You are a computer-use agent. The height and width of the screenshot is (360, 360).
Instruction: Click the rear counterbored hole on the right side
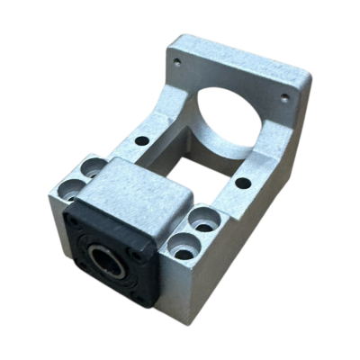(204, 218)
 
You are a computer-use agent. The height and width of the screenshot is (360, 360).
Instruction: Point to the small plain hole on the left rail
(142, 142)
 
